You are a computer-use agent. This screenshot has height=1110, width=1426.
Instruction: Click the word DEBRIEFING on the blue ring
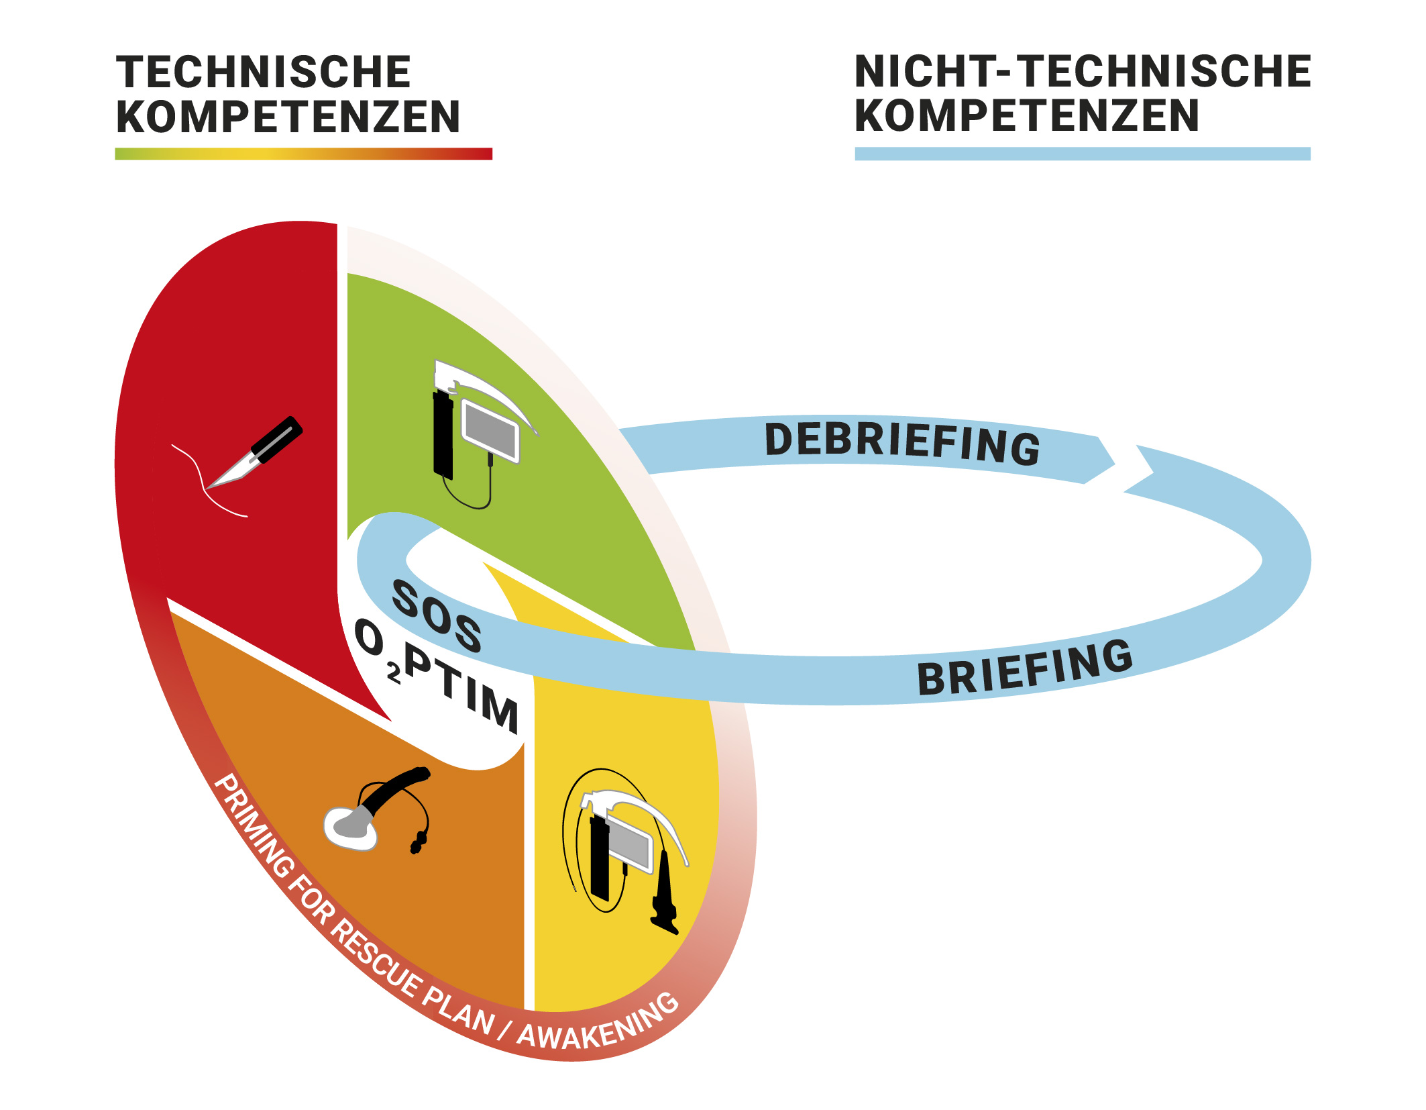(x=901, y=443)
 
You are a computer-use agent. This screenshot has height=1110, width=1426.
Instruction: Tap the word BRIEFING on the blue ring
(x=1024, y=668)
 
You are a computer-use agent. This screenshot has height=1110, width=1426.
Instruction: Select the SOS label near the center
(x=437, y=617)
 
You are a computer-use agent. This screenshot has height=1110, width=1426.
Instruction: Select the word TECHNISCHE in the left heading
(x=264, y=72)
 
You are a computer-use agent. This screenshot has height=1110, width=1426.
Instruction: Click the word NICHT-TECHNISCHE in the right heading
(x=1083, y=72)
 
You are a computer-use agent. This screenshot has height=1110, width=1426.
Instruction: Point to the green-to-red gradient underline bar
(x=303, y=154)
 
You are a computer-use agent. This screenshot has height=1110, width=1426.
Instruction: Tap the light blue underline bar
(x=1082, y=154)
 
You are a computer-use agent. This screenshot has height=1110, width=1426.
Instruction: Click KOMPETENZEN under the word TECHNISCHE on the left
(x=288, y=117)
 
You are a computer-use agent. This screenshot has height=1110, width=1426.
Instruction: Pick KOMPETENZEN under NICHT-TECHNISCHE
(x=1027, y=115)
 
